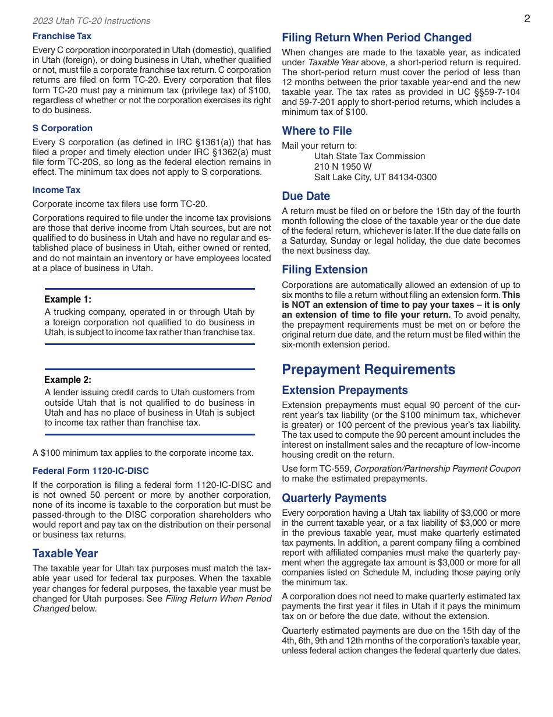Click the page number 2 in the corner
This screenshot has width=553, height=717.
point(527,19)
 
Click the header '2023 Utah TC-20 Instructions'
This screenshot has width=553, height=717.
point(91,21)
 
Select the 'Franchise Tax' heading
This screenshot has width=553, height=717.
point(62,36)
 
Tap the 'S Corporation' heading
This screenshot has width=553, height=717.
point(62,128)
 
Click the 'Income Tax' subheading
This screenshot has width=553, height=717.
point(56,190)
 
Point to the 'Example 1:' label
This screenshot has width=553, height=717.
point(68,300)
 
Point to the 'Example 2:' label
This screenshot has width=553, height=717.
point(68,380)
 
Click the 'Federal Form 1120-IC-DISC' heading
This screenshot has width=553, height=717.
point(91,471)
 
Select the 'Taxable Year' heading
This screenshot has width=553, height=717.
point(65,554)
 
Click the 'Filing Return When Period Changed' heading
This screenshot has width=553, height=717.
point(377,38)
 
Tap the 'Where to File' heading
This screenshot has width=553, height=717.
point(317,131)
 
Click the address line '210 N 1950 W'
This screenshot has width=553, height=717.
point(343,167)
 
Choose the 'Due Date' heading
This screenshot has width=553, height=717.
point(306,196)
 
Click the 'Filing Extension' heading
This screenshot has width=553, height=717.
point(325,270)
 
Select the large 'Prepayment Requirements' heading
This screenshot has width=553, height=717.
point(368,370)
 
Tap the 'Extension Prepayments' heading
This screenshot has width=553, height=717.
point(345,391)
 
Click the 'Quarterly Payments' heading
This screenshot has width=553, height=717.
point(334,498)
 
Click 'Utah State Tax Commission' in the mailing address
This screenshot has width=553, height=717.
point(370,156)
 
